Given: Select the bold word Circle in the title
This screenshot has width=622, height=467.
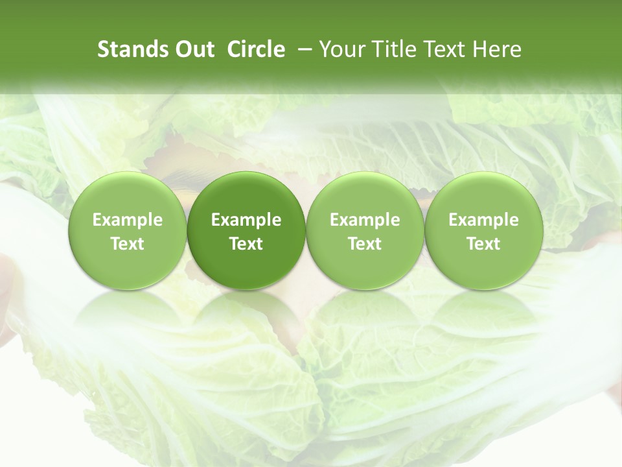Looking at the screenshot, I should point(256,49).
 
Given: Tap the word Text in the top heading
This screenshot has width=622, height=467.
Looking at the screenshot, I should point(441,49).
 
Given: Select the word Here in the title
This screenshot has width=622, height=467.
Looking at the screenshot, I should point(497,49).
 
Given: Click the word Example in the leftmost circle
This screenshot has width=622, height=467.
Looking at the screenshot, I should point(128,220).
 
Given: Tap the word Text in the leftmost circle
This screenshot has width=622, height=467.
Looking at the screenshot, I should point(128,244).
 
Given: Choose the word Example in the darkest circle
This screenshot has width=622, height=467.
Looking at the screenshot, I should point(246,220).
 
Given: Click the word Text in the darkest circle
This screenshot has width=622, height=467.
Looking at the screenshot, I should point(246,244).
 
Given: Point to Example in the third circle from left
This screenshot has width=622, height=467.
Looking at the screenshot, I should point(365,220).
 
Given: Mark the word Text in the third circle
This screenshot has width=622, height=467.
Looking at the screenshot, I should point(365,244).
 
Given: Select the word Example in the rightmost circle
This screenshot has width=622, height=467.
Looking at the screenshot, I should point(483,220).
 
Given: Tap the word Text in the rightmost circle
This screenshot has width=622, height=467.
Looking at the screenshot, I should point(483,244).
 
